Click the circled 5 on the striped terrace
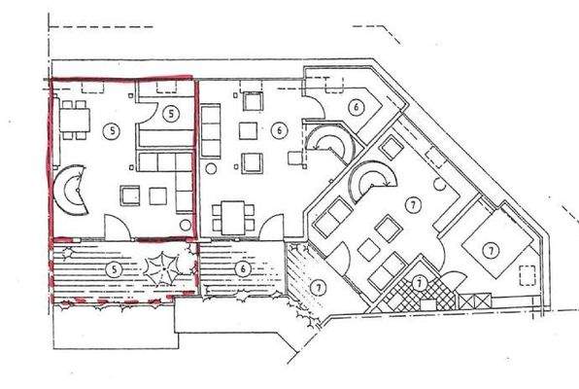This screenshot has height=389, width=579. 114,267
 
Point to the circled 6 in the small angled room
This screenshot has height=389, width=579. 356,105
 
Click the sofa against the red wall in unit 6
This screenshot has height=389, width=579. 211,127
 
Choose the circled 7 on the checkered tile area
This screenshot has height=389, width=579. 419,282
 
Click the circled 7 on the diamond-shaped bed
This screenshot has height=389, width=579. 493,251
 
